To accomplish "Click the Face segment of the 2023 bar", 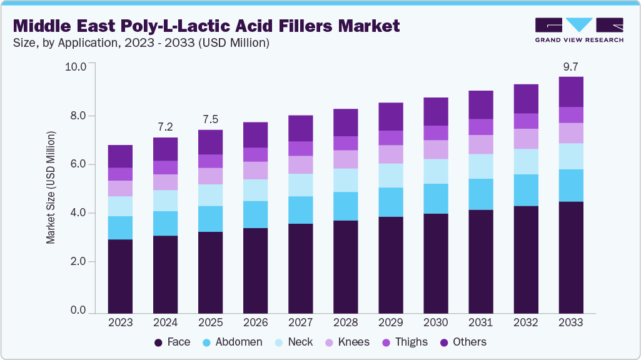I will coord(120,276).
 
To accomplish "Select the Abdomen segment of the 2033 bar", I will coord(570,186).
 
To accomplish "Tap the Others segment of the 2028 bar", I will coord(345,122).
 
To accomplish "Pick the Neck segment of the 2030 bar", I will coord(435,171).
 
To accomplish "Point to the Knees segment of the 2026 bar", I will coord(255,171).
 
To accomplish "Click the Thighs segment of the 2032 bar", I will coord(525,121).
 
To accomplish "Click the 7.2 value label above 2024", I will coord(165,127).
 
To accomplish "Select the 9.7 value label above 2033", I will coord(570,66).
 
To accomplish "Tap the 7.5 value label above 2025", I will coord(210,119).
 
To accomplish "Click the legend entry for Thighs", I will coord(405,342).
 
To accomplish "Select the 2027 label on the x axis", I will coord(300,322).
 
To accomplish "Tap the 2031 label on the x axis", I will coord(480,322).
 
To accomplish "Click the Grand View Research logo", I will coord(578,29).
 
